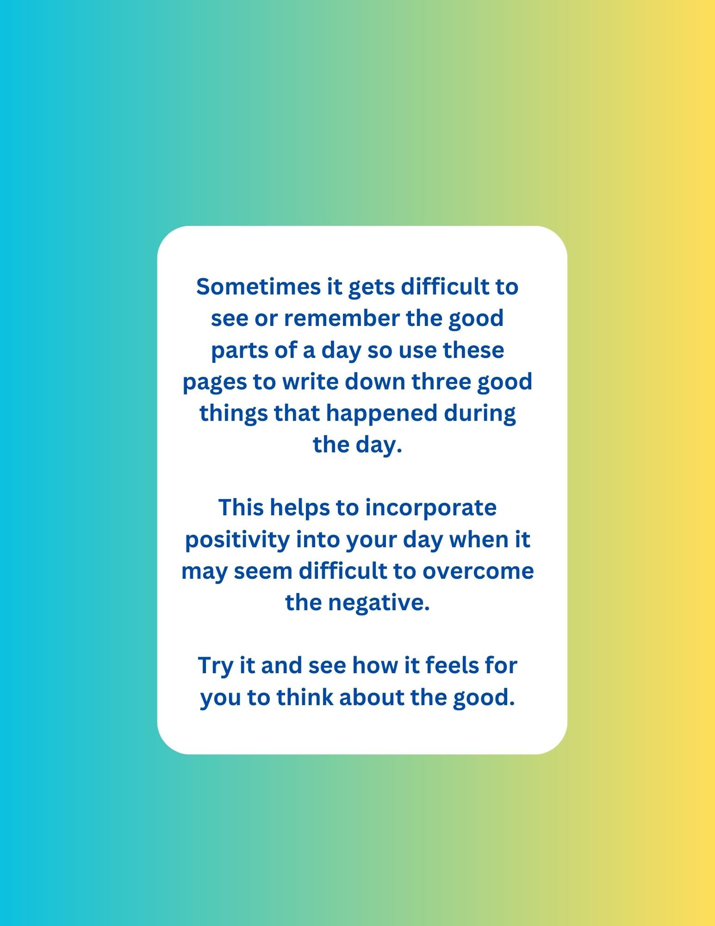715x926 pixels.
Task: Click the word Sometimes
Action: (x=258, y=287)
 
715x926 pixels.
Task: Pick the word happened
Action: (x=381, y=413)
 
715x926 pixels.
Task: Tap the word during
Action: (x=480, y=413)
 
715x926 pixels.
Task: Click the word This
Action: (x=241, y=507)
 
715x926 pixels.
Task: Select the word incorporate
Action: (x=430, y=507)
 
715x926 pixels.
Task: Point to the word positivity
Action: (x=237, y=539)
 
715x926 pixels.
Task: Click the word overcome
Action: (x=478, y=571)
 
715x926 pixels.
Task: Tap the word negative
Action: (x=379, y=602)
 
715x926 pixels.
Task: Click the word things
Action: (x=233, y=413)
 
